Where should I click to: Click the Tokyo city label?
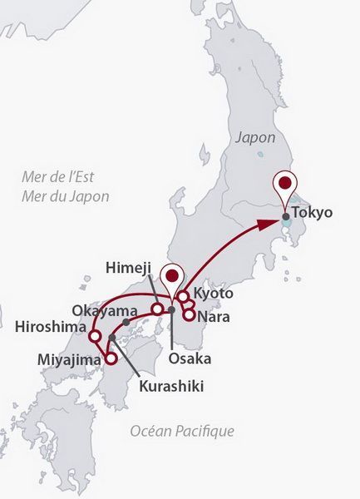tap(313, 212)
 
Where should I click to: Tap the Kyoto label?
tap(214, 294)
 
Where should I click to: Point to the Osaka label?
tap(190, 358)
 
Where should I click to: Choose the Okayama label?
tap(103, 309)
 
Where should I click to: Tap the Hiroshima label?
tap(50, 328)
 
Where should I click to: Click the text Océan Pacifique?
tap(182, 431)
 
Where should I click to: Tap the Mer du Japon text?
tap(66, 196)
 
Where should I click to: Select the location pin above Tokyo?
tap(285, 185)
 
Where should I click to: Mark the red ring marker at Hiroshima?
tap(95, 337)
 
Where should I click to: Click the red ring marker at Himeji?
tap(156, 309)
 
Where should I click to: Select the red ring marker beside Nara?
tap(190, 314)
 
